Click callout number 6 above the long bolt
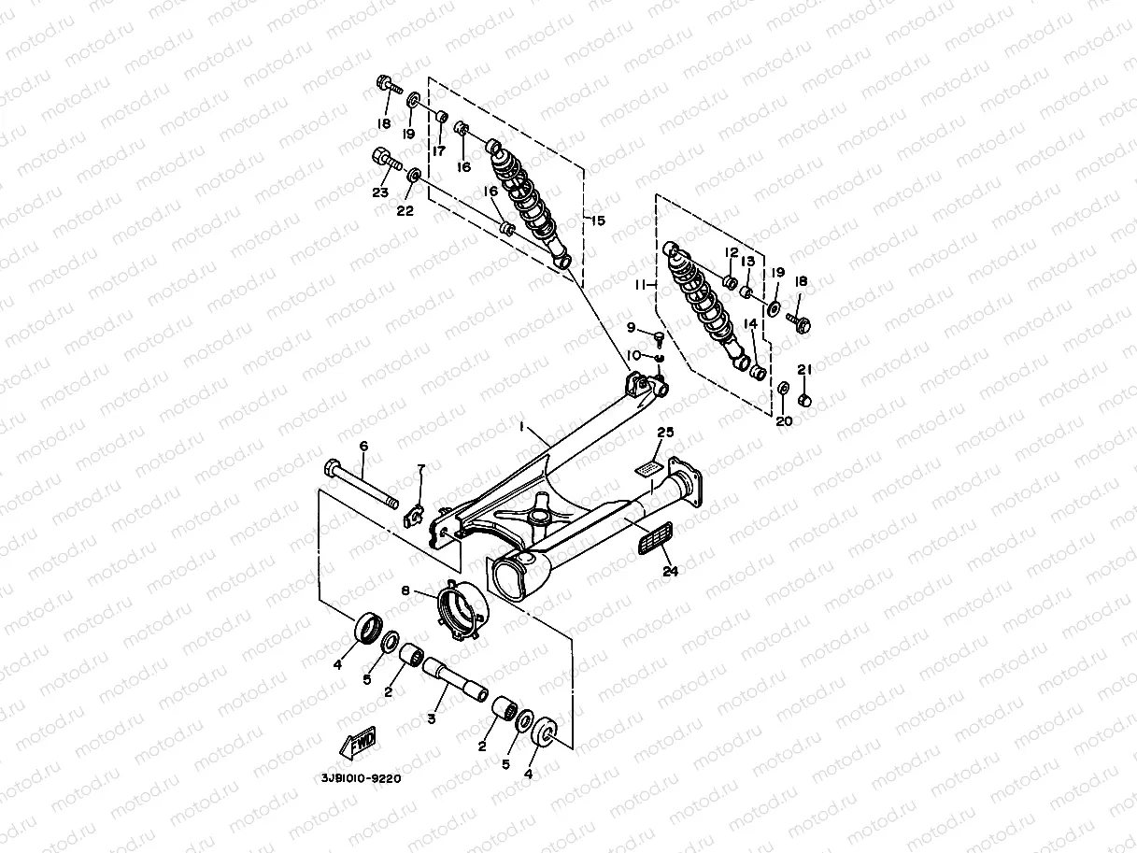[363, 447]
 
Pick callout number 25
[665, 433]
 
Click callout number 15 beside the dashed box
[596, 220]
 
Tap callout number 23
[379, 193]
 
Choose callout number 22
[405, 210]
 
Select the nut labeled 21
[808, 401]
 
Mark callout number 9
[632, 327]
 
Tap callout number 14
[749, 324]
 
